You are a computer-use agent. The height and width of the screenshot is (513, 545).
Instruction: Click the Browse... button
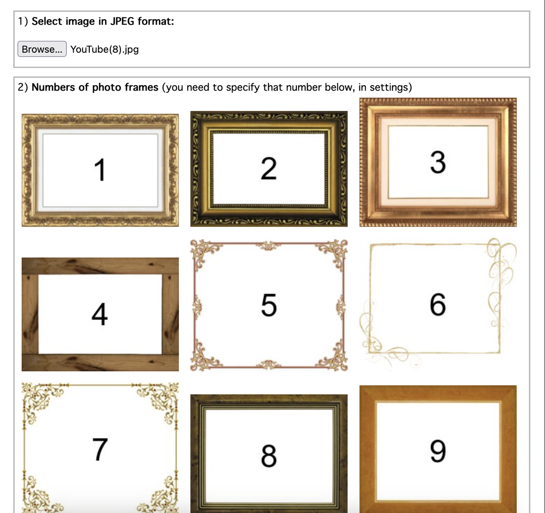(42, 49)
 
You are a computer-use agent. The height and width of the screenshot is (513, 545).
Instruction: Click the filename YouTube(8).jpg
(105, 49)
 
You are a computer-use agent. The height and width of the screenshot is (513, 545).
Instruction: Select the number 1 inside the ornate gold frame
(100, 170)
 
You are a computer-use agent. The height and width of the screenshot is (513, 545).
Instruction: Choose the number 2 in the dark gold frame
(269, 168)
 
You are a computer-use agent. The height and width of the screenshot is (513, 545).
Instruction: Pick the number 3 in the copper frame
(438, 162)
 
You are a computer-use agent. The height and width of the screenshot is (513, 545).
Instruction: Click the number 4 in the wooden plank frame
(100, 314)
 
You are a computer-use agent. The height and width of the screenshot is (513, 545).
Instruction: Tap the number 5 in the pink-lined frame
(269, 305)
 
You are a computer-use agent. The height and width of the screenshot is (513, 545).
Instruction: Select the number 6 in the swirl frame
(438, 304)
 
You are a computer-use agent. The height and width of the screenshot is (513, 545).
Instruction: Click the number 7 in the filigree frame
(100, 449)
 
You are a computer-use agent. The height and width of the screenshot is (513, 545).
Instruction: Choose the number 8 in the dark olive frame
(269, 456)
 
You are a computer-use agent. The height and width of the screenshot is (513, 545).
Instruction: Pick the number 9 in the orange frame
(438, 451)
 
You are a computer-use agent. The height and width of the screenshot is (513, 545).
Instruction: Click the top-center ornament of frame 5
(268, 246)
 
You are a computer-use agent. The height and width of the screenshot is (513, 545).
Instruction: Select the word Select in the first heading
(47, 21)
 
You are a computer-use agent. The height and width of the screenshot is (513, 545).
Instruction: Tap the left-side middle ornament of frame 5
(197, 305)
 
